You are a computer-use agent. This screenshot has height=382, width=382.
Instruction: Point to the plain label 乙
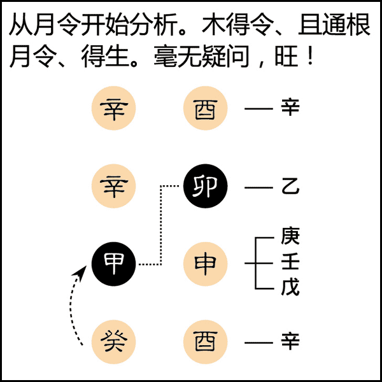[290, 187]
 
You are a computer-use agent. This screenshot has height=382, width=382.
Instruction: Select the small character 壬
[290, 263]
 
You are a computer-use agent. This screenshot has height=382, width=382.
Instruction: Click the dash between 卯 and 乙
[258, 188]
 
